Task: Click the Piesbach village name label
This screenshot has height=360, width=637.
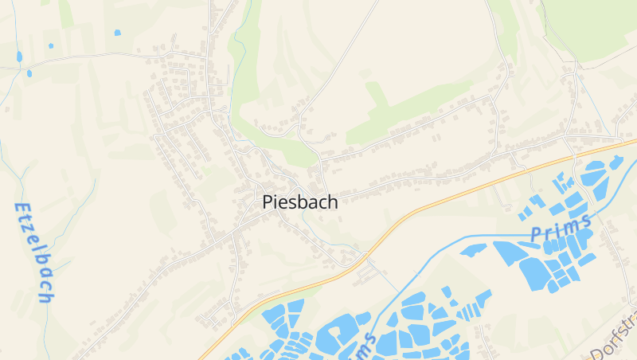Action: click(x=300, y=202)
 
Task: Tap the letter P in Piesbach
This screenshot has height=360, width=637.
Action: click(x=268, y=202)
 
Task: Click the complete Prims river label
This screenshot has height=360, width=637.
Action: click(x=561, y=228)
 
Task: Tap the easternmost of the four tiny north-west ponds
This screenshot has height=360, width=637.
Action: click(x=118, y=33)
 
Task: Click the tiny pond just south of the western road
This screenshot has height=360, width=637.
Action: click(x=29, y=73)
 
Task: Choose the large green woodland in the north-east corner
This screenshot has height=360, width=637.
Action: click(x=593, y=28)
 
